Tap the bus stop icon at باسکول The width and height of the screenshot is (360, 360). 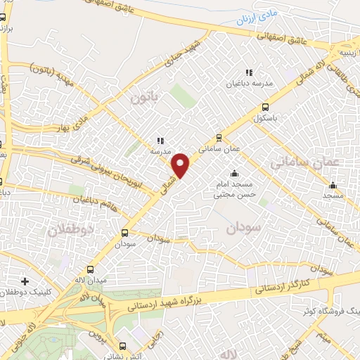click(265, 108)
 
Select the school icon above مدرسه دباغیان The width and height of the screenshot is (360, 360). click(248, 72)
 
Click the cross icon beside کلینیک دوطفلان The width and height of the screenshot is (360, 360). click(25, 281)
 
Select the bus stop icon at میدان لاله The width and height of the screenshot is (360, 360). click(89, 269)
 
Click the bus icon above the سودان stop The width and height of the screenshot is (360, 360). click(125, 233)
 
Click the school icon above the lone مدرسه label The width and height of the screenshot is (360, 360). click(161, 141)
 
